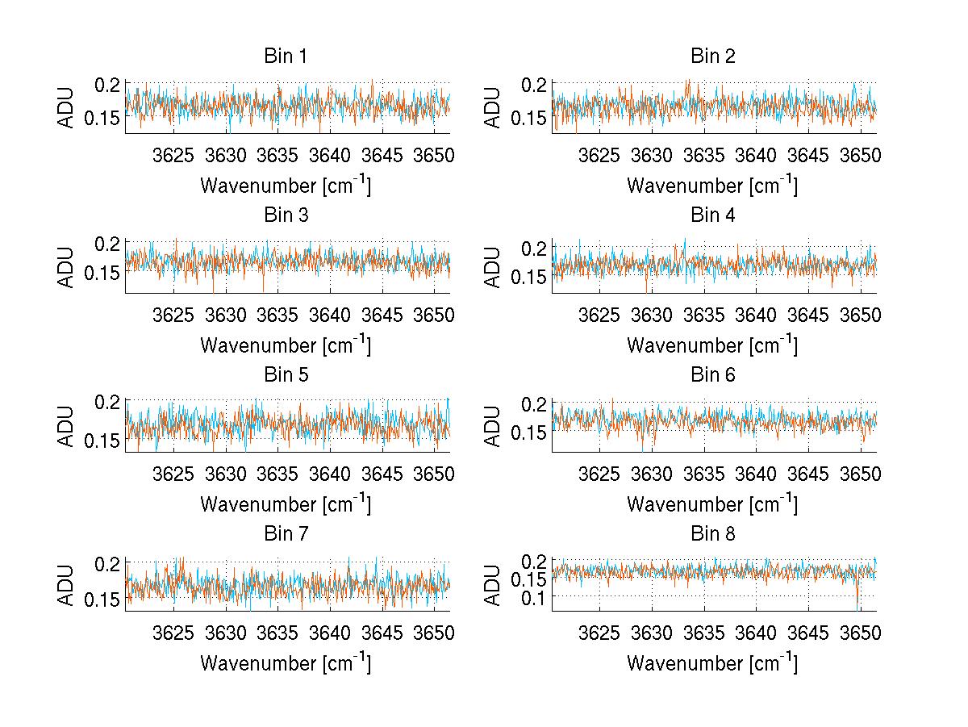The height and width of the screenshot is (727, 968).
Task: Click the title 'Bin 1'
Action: click(286, 56)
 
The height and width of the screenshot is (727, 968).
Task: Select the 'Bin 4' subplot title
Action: click(712, 215)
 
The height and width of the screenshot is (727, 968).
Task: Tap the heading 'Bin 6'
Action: click(712, 374)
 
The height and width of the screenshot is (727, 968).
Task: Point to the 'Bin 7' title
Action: click(286, 533)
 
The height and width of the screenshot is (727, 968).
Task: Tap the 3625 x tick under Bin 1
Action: click(173, 155)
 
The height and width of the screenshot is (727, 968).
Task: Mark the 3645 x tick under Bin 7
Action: click(382, 632)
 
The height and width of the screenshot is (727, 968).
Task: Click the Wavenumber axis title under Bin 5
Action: click(286, 504)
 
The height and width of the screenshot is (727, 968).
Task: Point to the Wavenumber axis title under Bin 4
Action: click(712, 345)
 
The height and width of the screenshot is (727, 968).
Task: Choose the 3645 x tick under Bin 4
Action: click(808, 314)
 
